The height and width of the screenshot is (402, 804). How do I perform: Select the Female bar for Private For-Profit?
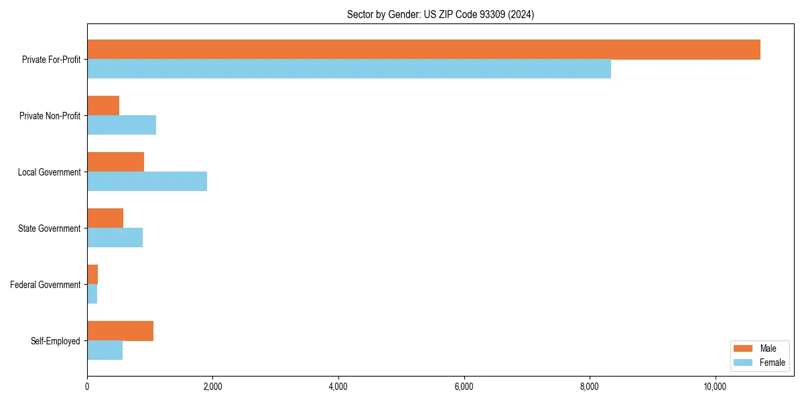coord(349,69)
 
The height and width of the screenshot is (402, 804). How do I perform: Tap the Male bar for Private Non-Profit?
coord(103,106)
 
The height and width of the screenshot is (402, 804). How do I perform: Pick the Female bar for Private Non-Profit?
coord(121,125)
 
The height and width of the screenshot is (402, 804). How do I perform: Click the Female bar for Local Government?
coord(147,182)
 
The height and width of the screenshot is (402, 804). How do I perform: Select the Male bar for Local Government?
coord(115,162)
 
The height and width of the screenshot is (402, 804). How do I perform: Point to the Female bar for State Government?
coord(115,238)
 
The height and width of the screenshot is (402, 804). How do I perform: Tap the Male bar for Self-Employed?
coord(120,331)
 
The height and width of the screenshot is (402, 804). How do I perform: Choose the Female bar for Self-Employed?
coord(105,350)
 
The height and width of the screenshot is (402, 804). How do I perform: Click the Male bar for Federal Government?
coord(92,275)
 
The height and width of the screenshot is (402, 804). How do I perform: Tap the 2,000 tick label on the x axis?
coord(212,387)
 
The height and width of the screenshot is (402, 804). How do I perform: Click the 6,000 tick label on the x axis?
coord(464,387)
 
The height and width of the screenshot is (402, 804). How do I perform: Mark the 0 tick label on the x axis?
coord(87,387)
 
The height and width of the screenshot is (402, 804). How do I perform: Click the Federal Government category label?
coord(45,285)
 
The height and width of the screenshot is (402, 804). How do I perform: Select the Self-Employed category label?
coord(55,341)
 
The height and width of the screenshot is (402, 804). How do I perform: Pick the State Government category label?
coord(49,228)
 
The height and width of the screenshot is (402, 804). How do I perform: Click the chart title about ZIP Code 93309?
coord(440,14)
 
